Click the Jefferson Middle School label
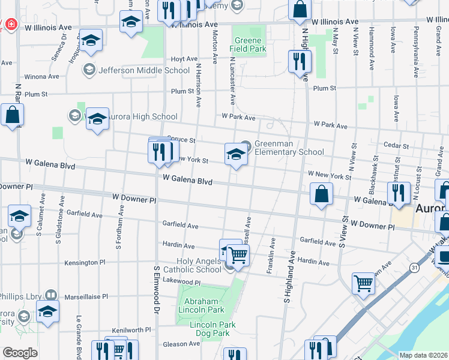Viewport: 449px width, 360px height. (143, 70)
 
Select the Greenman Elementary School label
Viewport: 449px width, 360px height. (289, 148)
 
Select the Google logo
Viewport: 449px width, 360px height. (20, 353)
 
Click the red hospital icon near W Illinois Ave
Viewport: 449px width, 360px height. (11, 25)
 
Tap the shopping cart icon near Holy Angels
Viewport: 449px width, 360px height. (238, 255)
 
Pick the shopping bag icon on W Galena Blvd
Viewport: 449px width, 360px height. (322, 193)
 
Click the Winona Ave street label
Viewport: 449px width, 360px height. (41, 77)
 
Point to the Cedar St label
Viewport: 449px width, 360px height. (396, 146)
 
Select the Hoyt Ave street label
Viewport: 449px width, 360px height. (184, 59)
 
